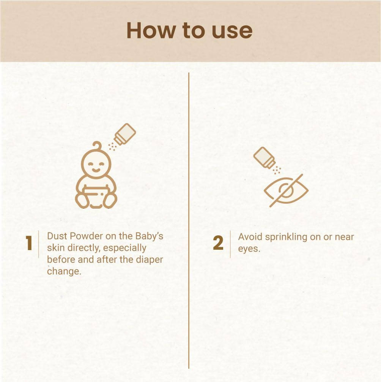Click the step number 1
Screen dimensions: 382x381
(29, 244)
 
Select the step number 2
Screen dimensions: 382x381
(218, 244)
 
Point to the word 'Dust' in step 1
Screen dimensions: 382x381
(56, 236)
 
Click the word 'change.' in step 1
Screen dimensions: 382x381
(64, 272)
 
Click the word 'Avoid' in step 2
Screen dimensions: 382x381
(250, 237)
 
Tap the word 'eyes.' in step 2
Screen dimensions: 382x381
(249, 249)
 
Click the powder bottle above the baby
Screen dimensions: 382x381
(124, 134)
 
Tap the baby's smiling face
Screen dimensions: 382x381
(96, 165)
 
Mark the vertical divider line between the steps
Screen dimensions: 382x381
(189, 220)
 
